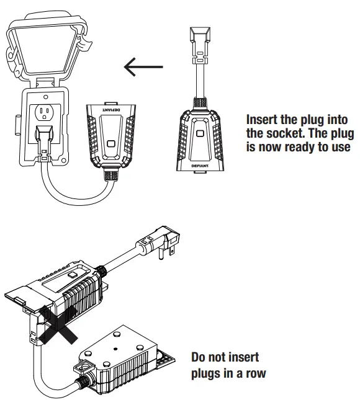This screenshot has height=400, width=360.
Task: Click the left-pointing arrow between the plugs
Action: click(143, 66)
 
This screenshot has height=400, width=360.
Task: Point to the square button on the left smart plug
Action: click(110, 144)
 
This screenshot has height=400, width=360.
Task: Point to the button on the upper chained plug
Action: click(73, 272)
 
